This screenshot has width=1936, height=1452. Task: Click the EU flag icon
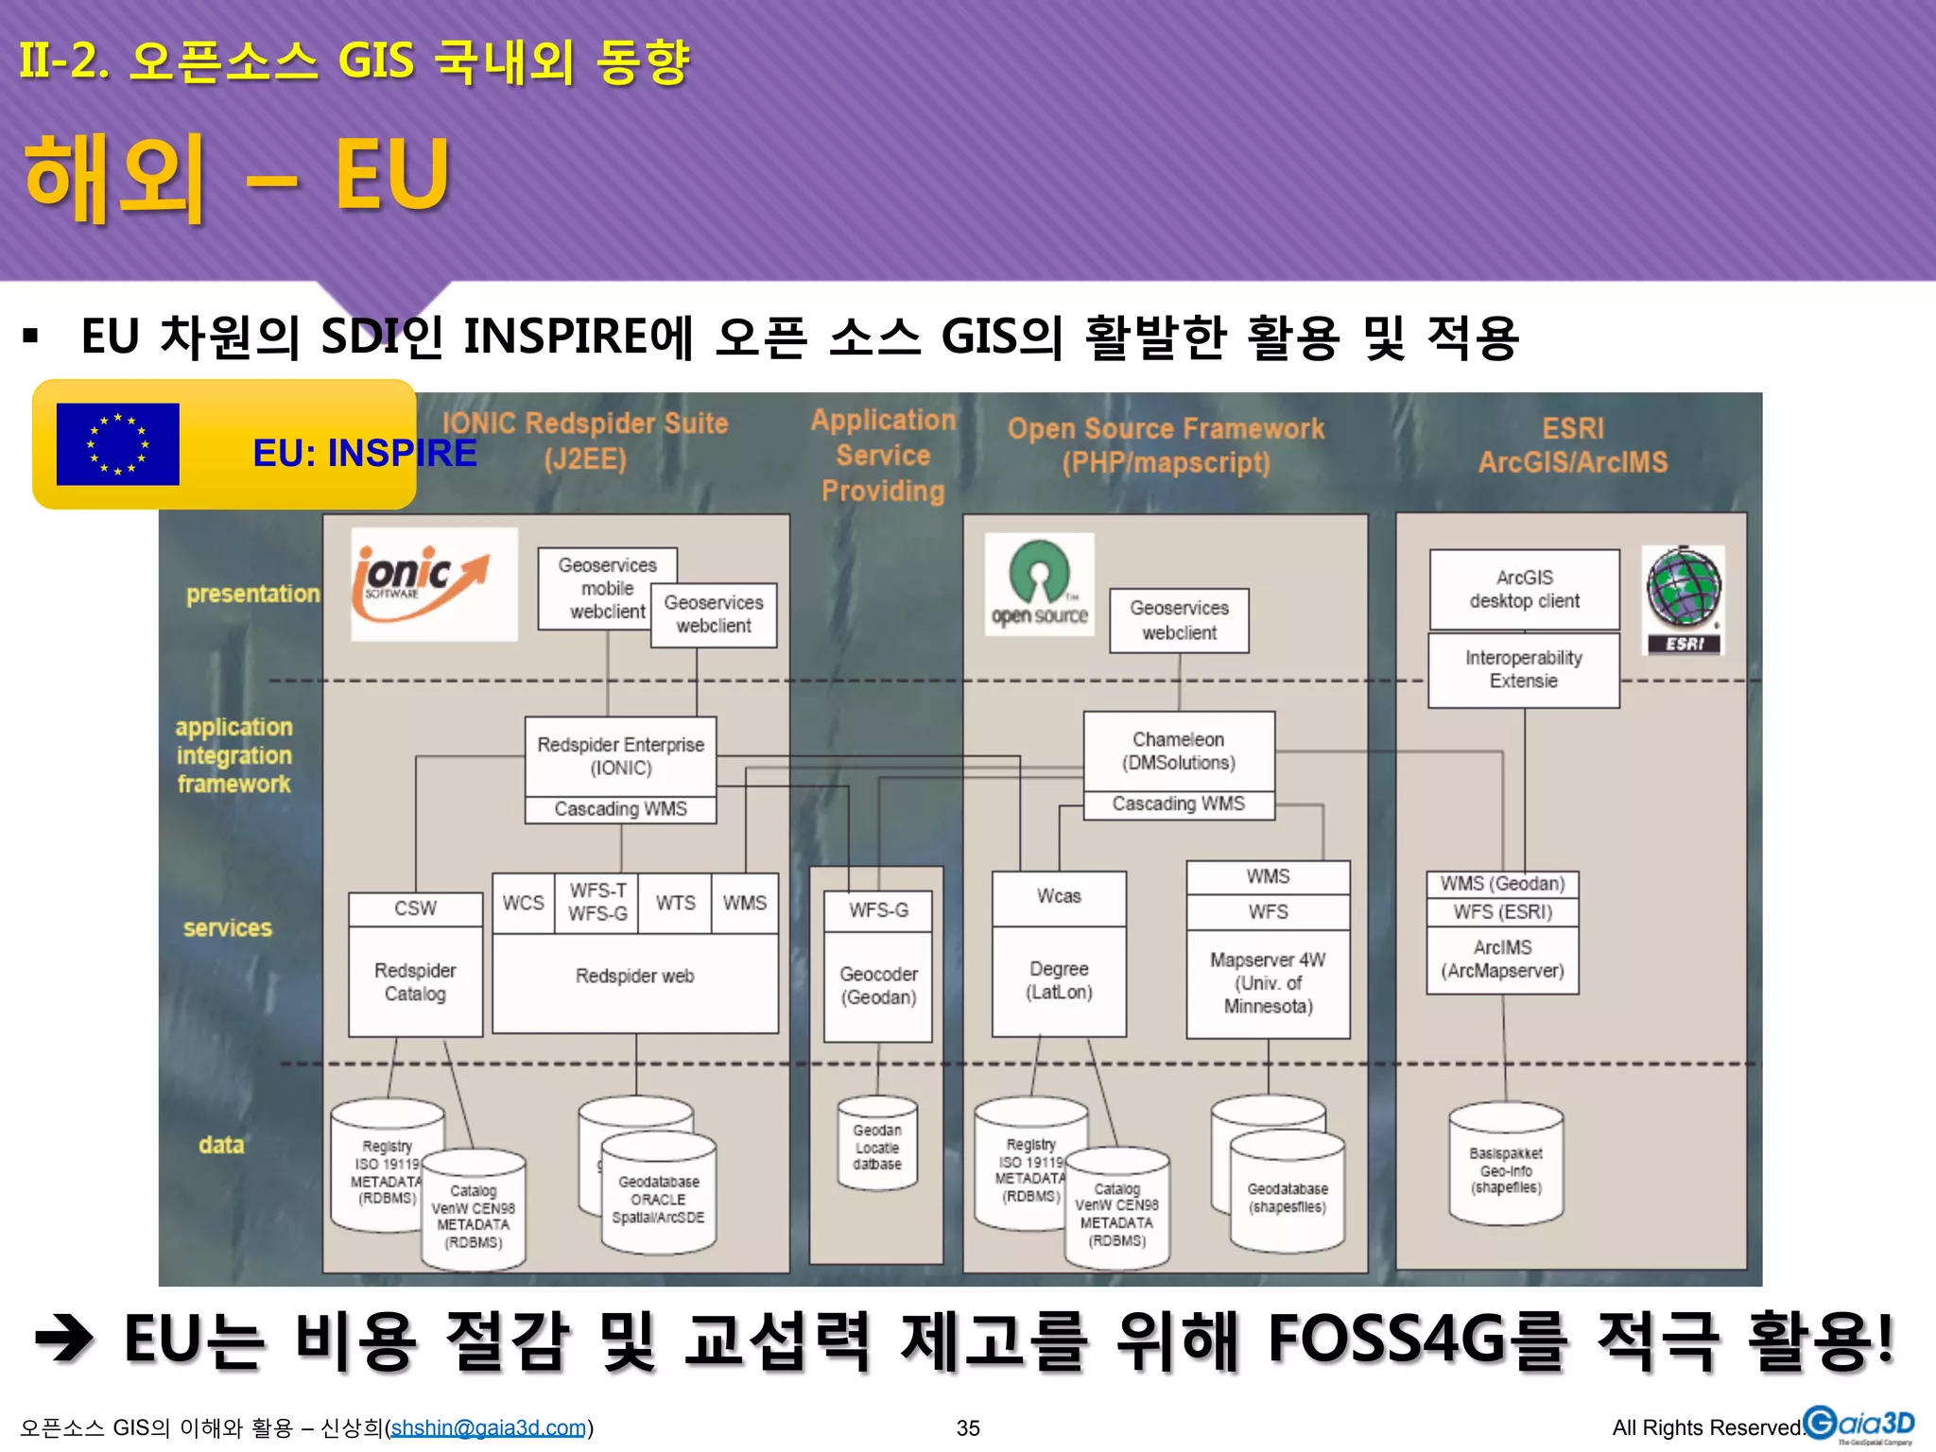click(118, 444)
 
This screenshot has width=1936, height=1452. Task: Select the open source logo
click(1039, 584)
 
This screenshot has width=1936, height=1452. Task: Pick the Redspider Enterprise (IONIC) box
click(620, 756)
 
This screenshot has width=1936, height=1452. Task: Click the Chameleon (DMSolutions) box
click(1179, 751)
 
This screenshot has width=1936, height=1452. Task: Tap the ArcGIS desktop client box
click(1524, 589)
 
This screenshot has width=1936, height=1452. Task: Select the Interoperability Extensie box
click(1523, 669)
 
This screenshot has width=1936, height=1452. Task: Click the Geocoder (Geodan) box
click(878, 986)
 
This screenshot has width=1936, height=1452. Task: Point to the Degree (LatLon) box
click(1059, 980)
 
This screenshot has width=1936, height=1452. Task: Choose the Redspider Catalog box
click(415, 981)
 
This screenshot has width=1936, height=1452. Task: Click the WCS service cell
click(523, 903)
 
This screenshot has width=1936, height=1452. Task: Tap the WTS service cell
click(675, 903)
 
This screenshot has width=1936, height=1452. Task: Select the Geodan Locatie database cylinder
click(877, 1147)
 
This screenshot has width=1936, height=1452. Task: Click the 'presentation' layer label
click(252, 594)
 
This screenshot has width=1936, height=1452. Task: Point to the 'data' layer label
click(221, 1145)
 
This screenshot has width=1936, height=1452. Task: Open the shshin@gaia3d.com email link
click(489, 1427)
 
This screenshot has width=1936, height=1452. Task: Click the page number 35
click(968, 1427)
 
